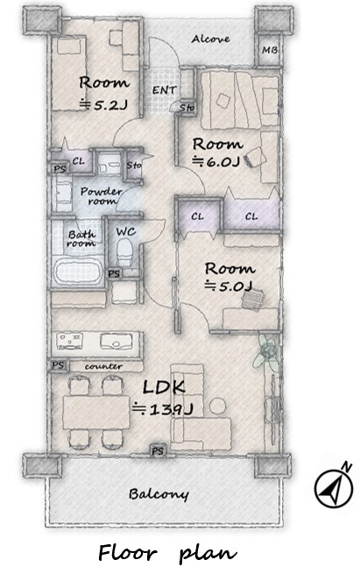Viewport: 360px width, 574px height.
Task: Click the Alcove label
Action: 210,39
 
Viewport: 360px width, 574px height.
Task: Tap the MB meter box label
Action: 270,50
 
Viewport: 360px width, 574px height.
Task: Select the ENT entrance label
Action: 165,89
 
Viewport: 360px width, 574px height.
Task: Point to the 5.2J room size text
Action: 104,105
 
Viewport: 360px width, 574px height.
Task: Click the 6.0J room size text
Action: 216,161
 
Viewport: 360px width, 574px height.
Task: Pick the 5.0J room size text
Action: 229,286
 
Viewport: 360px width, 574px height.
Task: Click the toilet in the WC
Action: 124,252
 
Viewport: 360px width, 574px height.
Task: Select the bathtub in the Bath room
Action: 78,272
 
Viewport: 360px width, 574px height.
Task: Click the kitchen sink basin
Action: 116,341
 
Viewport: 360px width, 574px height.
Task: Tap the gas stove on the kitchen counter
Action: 69,340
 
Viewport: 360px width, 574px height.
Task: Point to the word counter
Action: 103,366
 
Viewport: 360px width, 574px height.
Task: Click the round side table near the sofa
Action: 218,407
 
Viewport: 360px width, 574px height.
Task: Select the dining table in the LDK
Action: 96,412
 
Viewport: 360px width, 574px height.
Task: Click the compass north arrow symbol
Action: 334,487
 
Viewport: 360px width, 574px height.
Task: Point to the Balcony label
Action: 159,494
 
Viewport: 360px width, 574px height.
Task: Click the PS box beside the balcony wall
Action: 158,450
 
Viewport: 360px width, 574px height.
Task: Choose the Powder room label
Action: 101,196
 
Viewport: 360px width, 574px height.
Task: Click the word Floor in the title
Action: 127,553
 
